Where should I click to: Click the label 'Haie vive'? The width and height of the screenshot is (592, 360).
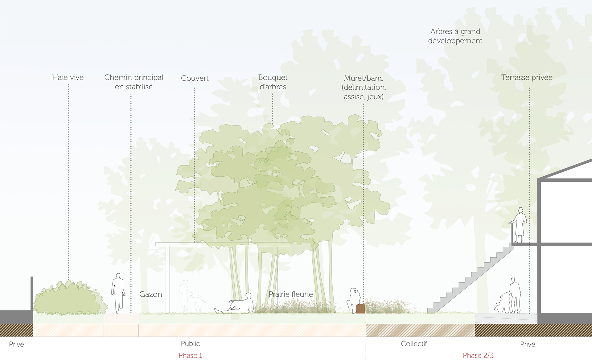coord(68,77)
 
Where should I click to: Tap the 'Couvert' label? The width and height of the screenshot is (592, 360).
coord(195,78)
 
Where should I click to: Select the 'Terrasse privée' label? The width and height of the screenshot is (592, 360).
coord(527,77)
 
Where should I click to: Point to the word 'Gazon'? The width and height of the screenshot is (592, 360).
coord(150,294)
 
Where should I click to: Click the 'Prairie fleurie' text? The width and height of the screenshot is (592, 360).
coord(290,294)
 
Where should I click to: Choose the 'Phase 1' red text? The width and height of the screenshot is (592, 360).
coord(190,355)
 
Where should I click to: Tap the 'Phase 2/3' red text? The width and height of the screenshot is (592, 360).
coord(478,355)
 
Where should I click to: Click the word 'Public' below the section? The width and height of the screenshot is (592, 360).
coord(190,344)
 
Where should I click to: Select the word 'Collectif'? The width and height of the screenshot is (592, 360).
coord(414,344)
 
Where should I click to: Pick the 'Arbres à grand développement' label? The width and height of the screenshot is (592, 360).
coord(455,36)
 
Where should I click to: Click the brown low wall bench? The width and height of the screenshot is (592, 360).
coord(360,309)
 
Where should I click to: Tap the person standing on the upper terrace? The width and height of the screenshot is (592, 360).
coord(520,225)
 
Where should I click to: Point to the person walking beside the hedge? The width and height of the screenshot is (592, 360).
coord(118,293)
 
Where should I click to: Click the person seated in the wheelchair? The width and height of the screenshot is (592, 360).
coord(502,304)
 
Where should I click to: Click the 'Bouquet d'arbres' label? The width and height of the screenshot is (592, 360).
coord(273,82)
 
